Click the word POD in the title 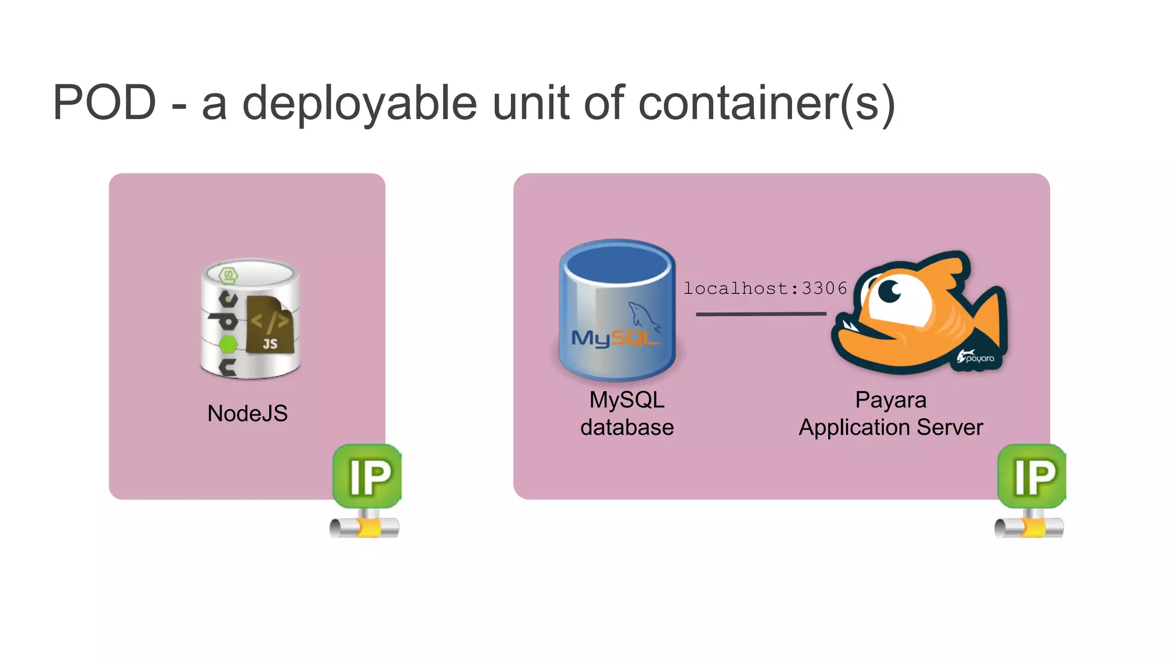click(104, 103)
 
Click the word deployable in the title click(360, 103)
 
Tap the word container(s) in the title click(766, 103)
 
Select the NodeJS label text click(247, 413)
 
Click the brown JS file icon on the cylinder click(269, 325)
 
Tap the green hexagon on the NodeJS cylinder click(228, 344)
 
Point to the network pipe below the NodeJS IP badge click(365, 527)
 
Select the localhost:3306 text click(765, 288)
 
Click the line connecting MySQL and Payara click(761, 314)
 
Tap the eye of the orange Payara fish click(889, 291)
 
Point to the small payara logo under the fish click(976, 358)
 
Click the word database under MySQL click(627, 427)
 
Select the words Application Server click(891, 427)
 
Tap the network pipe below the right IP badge click(1029, 527)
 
